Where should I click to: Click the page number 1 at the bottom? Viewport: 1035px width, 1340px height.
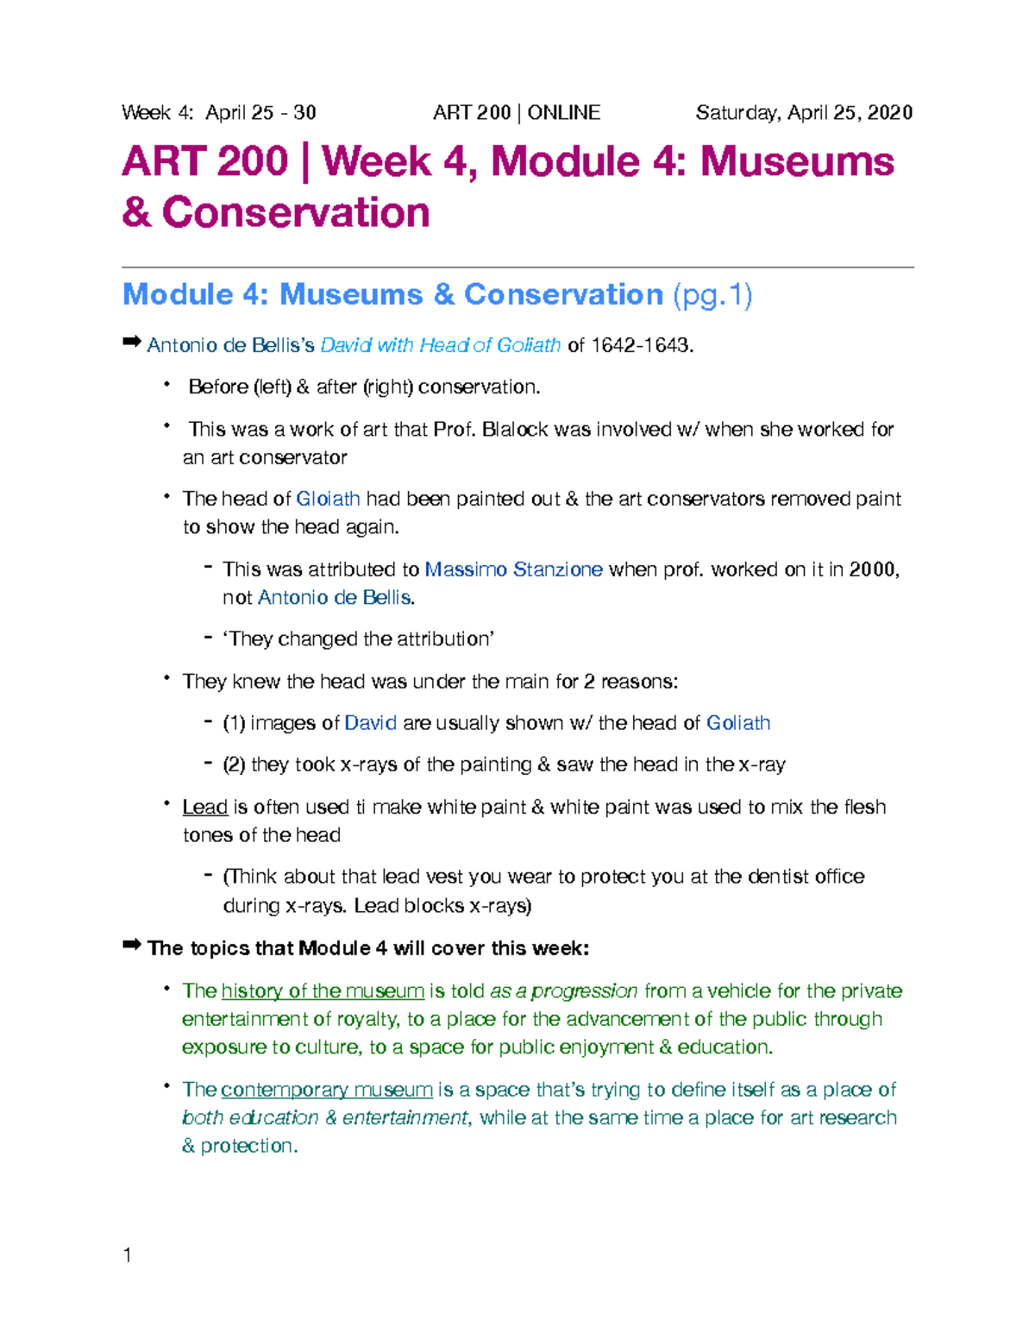pyautogui.click(x=128, y=1255)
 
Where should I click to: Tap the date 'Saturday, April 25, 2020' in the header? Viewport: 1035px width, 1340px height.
pyautogui.click(x=804, y=113)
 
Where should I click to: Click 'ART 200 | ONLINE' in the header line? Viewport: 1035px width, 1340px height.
pyautogui.click(x=517, y=113)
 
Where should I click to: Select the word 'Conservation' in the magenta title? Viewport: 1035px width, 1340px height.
pyautogui.click(x=296, y=213)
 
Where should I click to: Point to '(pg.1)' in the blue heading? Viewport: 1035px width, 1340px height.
pyautogui.click(x=712, y=295)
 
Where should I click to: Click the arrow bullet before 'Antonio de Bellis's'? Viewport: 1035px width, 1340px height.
pyautogui.click(x=131, y=343)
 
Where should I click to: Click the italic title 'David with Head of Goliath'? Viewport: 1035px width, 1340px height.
pyautogui.click(x=440, y=345)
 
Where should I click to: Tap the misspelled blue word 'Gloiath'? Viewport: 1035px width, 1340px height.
pyautogui.click(x=328, y=499)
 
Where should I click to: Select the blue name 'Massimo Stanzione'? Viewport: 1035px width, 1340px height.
pyautogui.click(x=513, y=569)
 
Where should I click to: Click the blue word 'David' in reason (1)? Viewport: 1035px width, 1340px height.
pyautogui.click(x=370, y=723)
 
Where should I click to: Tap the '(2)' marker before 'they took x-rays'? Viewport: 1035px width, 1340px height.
pyautogui.click(x=234, y=764)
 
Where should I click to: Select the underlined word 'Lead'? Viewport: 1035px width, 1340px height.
pyautogui.click(x=204, y=807)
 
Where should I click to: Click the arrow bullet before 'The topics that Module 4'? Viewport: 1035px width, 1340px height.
pyautogui.click(x=131, y=947)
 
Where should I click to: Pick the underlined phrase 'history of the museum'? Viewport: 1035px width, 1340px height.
pyautogui.click(x=323, y=991)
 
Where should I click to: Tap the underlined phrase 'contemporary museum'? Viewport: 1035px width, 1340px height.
pyautogui.click(x=327, y=1090)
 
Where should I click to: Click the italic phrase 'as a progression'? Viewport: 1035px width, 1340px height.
pyautogui.click(x=563, y=991)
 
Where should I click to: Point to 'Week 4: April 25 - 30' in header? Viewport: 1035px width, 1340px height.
pyautogui.click(x=219, y=113)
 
